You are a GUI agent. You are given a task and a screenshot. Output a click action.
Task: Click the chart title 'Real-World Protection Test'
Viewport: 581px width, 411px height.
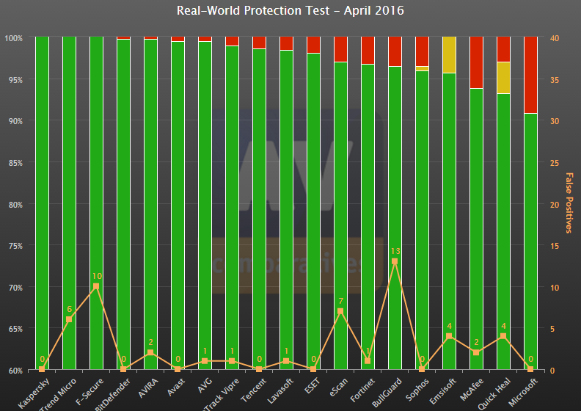click(290, 11)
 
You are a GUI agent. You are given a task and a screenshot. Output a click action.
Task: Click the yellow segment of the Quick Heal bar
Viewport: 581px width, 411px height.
click(503, 78)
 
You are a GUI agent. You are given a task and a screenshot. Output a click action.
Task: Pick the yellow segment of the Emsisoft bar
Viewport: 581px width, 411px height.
click(449, 55)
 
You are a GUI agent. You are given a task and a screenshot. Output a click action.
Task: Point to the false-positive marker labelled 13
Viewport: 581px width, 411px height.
click(395, 261)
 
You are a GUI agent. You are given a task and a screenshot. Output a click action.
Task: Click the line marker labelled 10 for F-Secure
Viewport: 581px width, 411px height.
click(96, 286)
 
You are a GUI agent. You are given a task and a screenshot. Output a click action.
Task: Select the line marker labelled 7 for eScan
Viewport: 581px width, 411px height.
click(340, 311)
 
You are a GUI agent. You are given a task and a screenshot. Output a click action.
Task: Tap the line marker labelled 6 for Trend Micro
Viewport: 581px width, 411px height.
click(69, 319)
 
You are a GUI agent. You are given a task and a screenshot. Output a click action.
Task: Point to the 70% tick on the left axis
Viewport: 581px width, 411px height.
click(14, 287)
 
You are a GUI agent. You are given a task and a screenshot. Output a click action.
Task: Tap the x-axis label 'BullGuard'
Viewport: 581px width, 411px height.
click(387, 390)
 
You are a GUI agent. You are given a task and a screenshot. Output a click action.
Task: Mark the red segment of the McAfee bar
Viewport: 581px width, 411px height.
click(476, 62)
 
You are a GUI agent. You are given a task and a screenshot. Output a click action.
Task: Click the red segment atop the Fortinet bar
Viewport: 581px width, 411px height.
click(368, 51)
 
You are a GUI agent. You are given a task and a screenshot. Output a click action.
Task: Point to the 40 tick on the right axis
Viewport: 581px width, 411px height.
click(555, 37)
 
